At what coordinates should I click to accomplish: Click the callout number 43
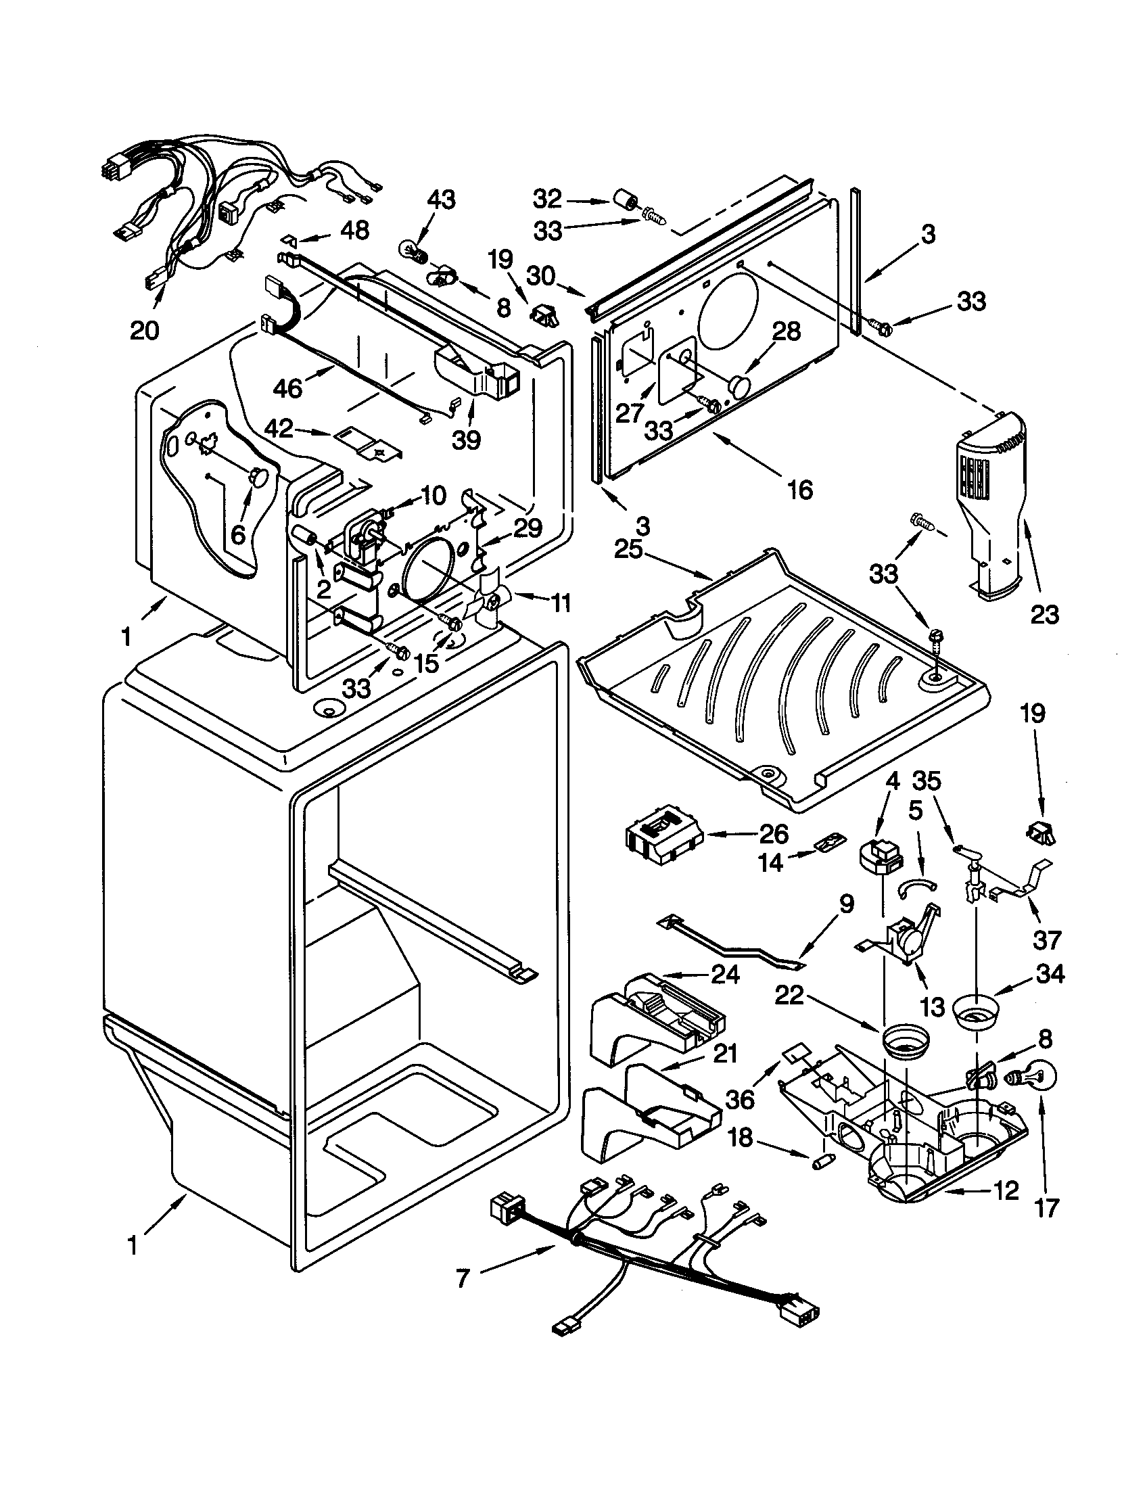[x=442, y=200]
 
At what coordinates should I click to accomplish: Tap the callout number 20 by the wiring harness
[x=144, y=331]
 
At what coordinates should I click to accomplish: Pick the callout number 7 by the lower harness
[x=463, y=1280]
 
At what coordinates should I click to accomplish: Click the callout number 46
[x=287, y=388]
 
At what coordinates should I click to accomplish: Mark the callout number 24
[x=726, y=975]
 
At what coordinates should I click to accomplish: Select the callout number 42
[x=279, y=429]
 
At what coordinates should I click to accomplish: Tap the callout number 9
[x=845, y=905]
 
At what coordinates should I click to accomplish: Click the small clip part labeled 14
[x=828, y=844]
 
